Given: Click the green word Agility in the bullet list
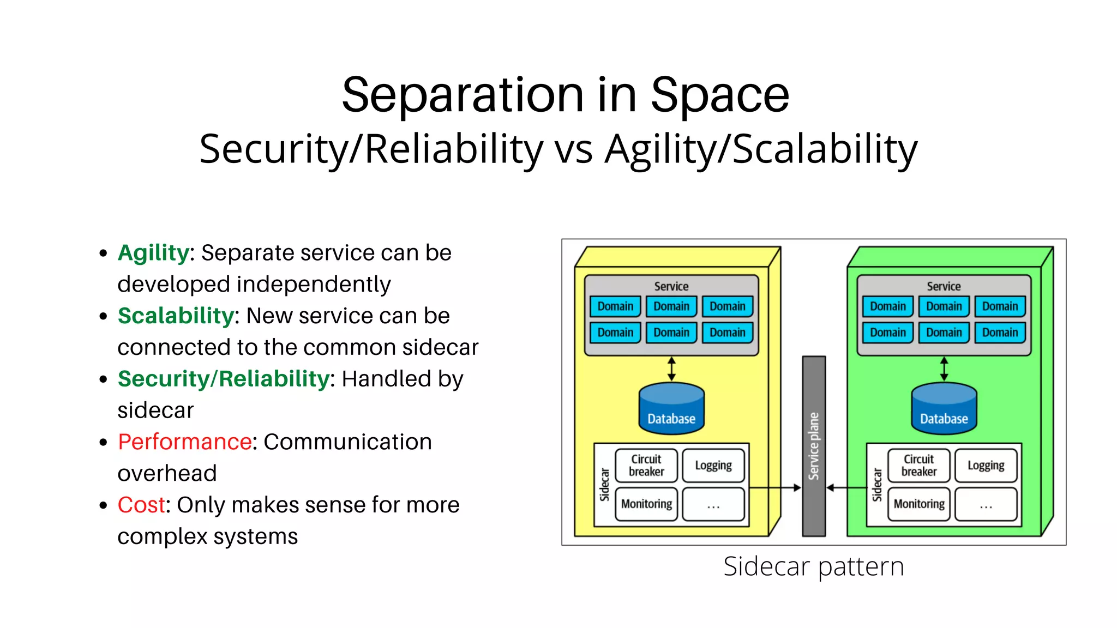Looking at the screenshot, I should click(153, 253).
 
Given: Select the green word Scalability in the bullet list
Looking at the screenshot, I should click(176, 316).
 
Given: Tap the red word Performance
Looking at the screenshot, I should click(184, 442).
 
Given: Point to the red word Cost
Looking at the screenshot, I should click(141, 505).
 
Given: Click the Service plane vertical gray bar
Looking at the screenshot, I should click(813, 446).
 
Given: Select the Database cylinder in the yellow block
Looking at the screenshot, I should click(671, 409).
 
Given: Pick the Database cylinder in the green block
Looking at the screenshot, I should click(944, 409).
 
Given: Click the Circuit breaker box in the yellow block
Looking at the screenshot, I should click(646, 466).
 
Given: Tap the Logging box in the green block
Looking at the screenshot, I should click(986, 466).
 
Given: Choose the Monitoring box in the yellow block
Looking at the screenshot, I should click(646, 504).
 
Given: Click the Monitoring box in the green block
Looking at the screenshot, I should click(919, 504).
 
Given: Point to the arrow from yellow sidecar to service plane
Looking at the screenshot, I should click(774, 488).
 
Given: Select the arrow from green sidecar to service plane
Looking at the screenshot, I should click(846, 488).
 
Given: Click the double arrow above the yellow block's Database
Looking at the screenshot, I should click(671, 369).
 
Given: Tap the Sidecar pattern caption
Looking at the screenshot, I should click(813, 566).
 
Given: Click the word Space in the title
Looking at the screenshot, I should click(719, 95).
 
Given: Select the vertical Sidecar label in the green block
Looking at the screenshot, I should click(877, 485).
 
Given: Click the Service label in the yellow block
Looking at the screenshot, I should click(671, 286).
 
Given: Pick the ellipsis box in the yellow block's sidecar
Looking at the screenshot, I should click(713, 504).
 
